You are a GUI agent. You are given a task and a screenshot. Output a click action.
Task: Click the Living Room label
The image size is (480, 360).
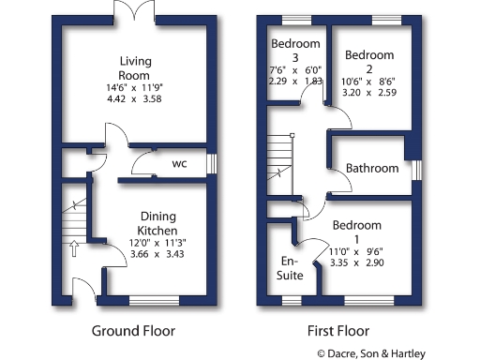(x=135, y=68)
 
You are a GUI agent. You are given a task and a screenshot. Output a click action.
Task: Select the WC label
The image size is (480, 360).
(x=179, y=163)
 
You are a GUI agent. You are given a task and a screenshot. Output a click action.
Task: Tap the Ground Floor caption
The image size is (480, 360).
(x=132, y=331)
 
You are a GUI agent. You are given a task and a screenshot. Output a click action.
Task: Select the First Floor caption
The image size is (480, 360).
(x=338, y=331)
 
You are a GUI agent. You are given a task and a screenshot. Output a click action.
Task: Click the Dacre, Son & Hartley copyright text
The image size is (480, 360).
(x=371, y=353)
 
